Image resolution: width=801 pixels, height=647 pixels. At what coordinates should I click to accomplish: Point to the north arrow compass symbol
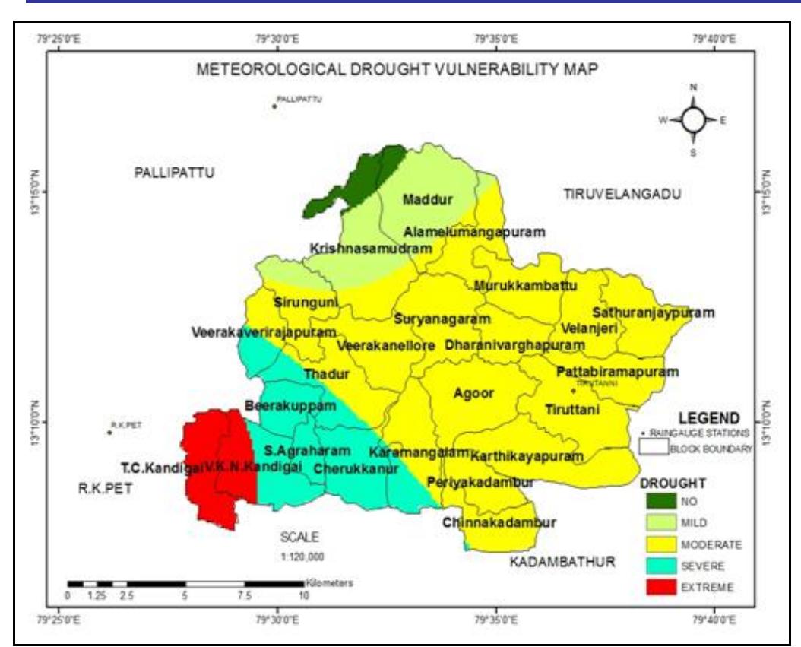click(x=693, y=119)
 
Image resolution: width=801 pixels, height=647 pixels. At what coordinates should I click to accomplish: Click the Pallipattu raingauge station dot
click(x=274, y=106)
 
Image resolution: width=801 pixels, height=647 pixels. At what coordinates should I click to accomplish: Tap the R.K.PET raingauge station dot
click(x=109, y=433)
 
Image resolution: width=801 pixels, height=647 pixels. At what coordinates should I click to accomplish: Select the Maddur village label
click(x=427, y=200)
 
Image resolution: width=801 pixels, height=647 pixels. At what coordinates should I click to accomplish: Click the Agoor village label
click(x=473, y=393)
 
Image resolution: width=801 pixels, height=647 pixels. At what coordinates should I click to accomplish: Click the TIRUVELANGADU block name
click(x=622, y=195)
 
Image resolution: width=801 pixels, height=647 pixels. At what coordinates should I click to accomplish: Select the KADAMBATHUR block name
click(x=562, y=563)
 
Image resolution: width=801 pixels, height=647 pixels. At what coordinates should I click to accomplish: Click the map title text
click(x=397, y=69)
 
